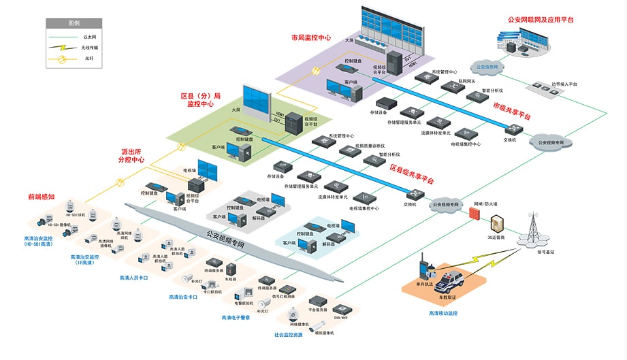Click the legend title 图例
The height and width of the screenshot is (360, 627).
click(74, 22)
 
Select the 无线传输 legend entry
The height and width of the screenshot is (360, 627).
click(89, 48)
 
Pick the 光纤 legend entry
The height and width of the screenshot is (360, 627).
click(89, 59)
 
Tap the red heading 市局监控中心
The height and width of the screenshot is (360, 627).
click(310, 38)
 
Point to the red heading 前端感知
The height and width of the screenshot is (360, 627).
click(41, 197)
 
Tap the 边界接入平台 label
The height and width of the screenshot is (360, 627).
click(564, 84)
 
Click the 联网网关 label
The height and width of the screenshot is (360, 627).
click(467, 80)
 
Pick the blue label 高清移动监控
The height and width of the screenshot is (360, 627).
click(443, 313)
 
